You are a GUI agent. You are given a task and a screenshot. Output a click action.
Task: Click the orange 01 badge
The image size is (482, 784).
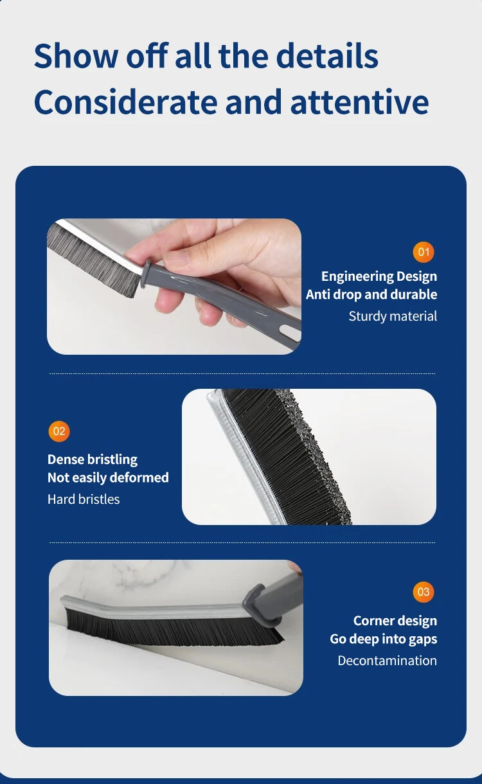pyautogui.click(x=424, y=252)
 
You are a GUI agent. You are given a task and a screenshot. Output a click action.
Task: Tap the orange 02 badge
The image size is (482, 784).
pyautogui.click(x=59, y=431)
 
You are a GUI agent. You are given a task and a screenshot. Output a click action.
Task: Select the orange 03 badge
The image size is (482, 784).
pyautogui.click(x=424, y=592)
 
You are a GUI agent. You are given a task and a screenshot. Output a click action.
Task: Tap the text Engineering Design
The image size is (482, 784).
pyautogui.click(x=379, y=276)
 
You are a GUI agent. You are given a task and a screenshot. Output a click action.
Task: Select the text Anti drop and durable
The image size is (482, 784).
pyautogui.click(x=371, y=294)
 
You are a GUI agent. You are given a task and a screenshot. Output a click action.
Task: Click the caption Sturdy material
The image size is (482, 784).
pyautogui.click(x=393, y=316)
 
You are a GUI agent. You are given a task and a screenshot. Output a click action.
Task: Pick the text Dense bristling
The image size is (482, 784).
pyautogui.click(x=93, y=459)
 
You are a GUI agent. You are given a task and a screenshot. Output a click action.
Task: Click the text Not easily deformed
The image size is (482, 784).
pyautogui.click(x=108, y=477)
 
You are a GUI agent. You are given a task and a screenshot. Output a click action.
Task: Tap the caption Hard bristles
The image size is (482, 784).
pyautogui.click(x=84, y=499)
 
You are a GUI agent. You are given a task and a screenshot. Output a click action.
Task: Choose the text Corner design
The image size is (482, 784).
pyautogui.click(x=395, y=621)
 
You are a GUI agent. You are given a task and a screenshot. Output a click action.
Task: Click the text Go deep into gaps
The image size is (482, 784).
pyautogui.click(x=383, y=639)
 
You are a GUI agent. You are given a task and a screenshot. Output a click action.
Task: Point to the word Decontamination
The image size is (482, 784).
pyautogui.click(x=387, y=661)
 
